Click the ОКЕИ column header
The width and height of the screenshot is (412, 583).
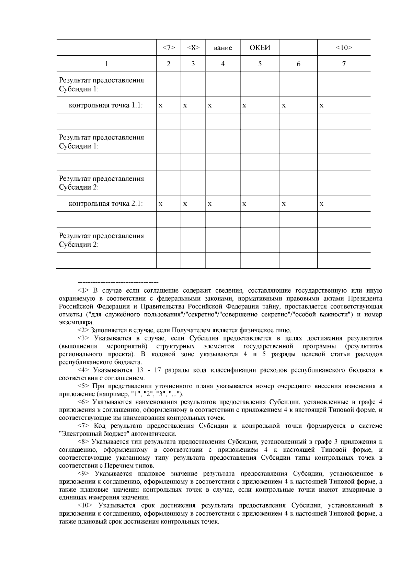[x=260, y=48]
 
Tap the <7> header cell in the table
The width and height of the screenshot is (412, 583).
[x=168, y=48]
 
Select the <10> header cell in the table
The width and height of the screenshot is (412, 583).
[x=344, y=48]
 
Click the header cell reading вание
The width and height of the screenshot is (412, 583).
[x=222, y=48]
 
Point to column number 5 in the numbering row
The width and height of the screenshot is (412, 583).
[x=260, y=64]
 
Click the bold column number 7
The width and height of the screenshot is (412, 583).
[x=344, y=64]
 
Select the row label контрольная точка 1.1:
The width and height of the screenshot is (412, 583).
[x=106, y=105]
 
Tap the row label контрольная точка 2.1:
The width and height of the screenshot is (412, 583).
[x=106, y=204]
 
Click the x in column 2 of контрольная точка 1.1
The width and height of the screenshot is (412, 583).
[x=160, y=106]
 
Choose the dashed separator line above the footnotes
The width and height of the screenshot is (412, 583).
[x=108, y=282]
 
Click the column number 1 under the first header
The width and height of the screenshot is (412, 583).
[x=106, y=64]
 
